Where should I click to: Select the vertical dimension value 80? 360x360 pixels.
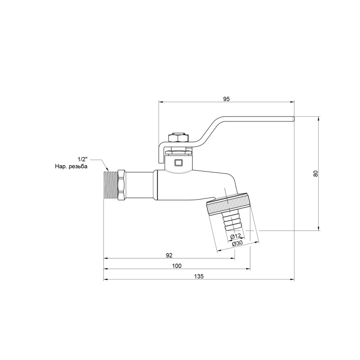[x=316, y=173]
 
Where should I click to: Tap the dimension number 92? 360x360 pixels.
[x=169, y=255]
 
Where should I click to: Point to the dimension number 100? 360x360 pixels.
[x=177, y=265]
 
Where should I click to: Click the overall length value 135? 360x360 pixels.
[x=199, y=276]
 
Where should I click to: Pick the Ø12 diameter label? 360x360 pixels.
[x=236, y=237]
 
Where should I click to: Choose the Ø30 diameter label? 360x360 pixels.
[x=238, y=243]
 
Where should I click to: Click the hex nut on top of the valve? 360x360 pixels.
[x=175, y=137]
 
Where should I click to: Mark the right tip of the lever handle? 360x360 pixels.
[x=292, y=119]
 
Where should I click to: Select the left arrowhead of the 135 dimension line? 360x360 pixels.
[x=105, y=280]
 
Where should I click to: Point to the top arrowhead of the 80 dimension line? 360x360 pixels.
[x=319, y=119]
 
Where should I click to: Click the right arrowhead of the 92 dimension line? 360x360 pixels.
[x=233, y=259]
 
